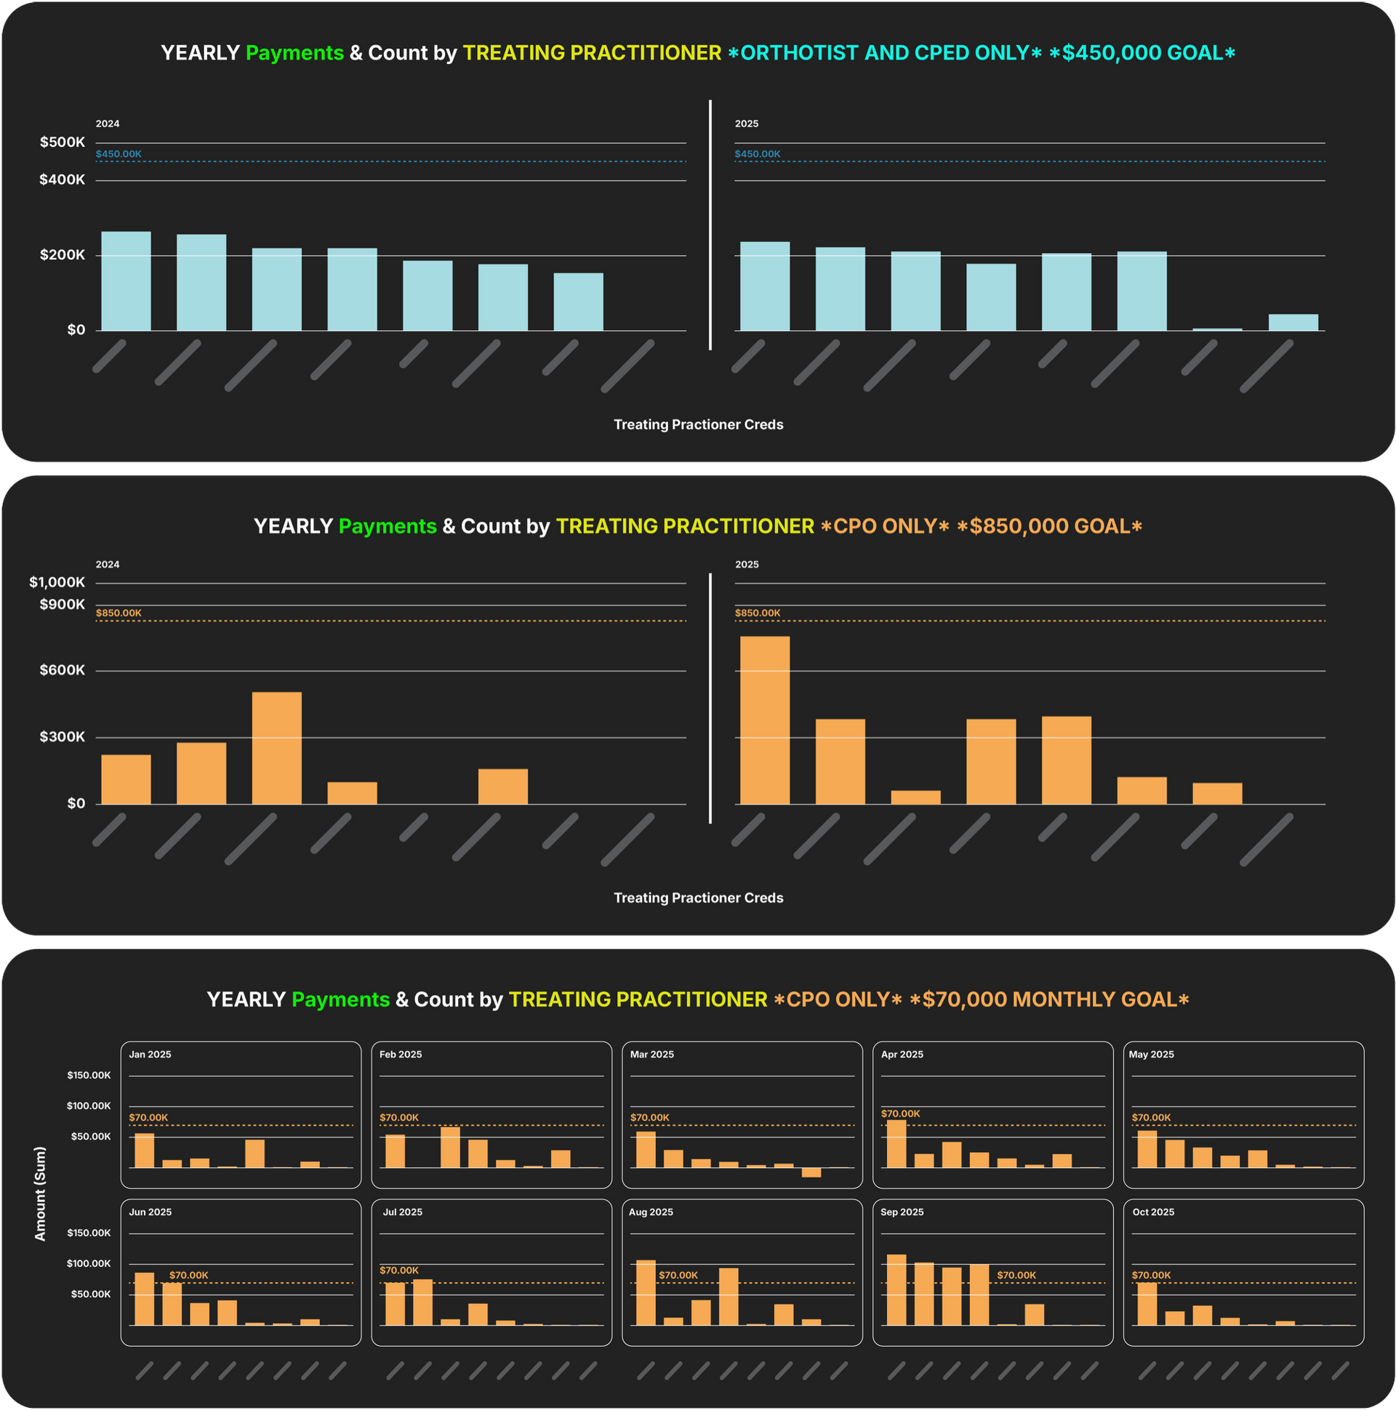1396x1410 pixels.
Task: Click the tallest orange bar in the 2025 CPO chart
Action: click(764, 720)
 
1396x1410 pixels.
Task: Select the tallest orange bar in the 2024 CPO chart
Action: click(277, 748)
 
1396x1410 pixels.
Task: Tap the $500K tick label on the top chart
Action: click(62, 142)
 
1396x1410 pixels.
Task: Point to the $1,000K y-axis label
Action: click(57, 582)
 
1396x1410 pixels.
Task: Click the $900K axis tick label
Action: click(62, 604)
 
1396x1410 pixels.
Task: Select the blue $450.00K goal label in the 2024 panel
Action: click(119, 154)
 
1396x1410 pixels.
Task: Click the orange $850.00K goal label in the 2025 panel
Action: click(757, 613)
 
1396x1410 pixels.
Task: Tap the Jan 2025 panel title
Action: click(150, 1055)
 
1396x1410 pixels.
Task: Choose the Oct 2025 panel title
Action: click(1153, 1212)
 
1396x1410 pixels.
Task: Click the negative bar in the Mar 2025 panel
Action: click(811, 1173)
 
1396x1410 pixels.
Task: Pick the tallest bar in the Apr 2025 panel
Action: click(896, 1143)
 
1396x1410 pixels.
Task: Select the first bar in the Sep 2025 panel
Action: click(896, 1290)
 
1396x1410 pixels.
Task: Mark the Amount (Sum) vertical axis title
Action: click(40, 1193)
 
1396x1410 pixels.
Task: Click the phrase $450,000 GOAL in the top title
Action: click(1142, 53)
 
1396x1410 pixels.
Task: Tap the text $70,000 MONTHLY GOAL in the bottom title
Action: click(1048, 999)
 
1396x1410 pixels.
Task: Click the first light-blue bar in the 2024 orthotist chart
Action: click(127, 281)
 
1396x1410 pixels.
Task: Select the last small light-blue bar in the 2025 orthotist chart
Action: click(1293, 323)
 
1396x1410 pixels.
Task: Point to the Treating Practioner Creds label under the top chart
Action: click(698, 424)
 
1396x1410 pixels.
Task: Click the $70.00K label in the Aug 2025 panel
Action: click(678, 1275)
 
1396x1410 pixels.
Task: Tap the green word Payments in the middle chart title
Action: click(388, 526)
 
